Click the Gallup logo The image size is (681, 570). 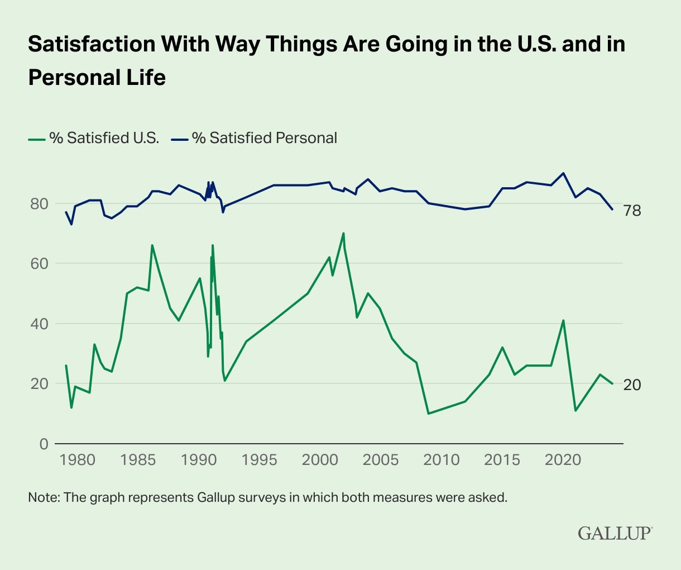pyautogui.click(x=615, y=533)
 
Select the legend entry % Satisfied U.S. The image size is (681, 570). pyautogui.click(x=94, y=138)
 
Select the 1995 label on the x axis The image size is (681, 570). pyautogui.click(x=260, y=460)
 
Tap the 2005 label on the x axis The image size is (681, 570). pyautogui.click(x=381, y=460)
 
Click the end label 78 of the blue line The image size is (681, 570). pyautogui.click(x=632, y=211)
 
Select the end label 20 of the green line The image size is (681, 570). pyautogui.click(x=632, y=384)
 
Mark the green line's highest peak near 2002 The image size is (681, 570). pyautogui.click(x=343, y=233)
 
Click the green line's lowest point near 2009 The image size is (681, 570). pyautogui.click(x=428, y=414)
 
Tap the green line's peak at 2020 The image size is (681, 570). pyautogui.click(x=563, y=320)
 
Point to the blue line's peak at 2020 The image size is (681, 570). pyautogui.click(x=563, y=173)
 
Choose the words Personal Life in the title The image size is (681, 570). pyautogui.click(x=97, y=77)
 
